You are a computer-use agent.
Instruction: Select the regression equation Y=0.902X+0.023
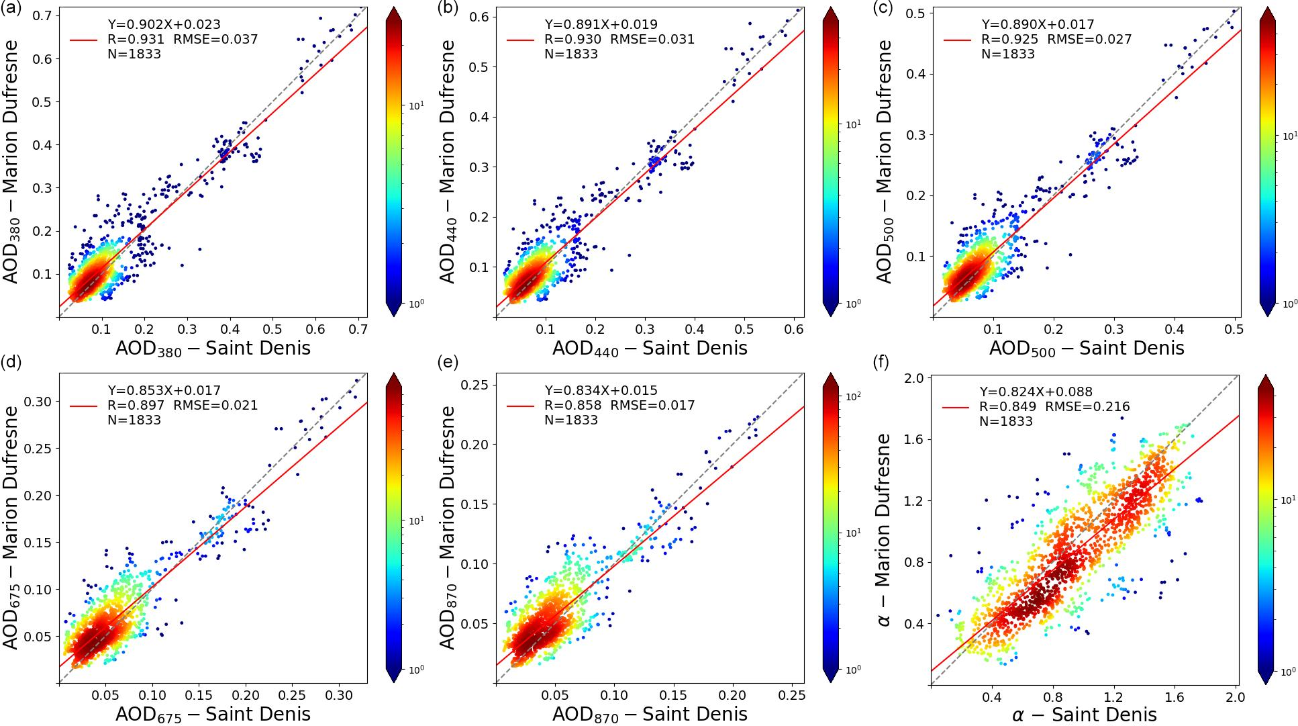(164, 25)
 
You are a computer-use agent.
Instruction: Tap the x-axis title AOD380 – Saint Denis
(213, 349)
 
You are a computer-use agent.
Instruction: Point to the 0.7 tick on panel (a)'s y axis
(42, 15)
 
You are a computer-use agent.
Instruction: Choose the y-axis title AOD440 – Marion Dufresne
(448, 161)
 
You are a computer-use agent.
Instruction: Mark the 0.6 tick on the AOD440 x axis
(794, 330)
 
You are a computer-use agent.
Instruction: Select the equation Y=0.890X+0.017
(1038, 25)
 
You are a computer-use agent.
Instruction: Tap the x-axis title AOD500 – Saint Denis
(1086, 349)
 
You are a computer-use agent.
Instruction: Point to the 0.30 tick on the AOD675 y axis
(38, 402)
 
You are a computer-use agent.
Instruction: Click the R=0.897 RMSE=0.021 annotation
(183, 405)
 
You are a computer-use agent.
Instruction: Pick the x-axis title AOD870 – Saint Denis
(649, 715)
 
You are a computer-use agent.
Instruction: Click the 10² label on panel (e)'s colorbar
(853, 396)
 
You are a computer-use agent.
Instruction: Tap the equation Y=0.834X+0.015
(601, 391)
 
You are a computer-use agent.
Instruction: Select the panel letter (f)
(881, 363)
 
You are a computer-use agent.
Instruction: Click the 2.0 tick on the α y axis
(913, 378)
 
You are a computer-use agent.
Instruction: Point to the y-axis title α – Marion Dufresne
(885, 530)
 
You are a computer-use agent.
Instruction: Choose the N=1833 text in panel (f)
(1006, 422)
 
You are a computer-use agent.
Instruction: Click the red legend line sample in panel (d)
(84, 406)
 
